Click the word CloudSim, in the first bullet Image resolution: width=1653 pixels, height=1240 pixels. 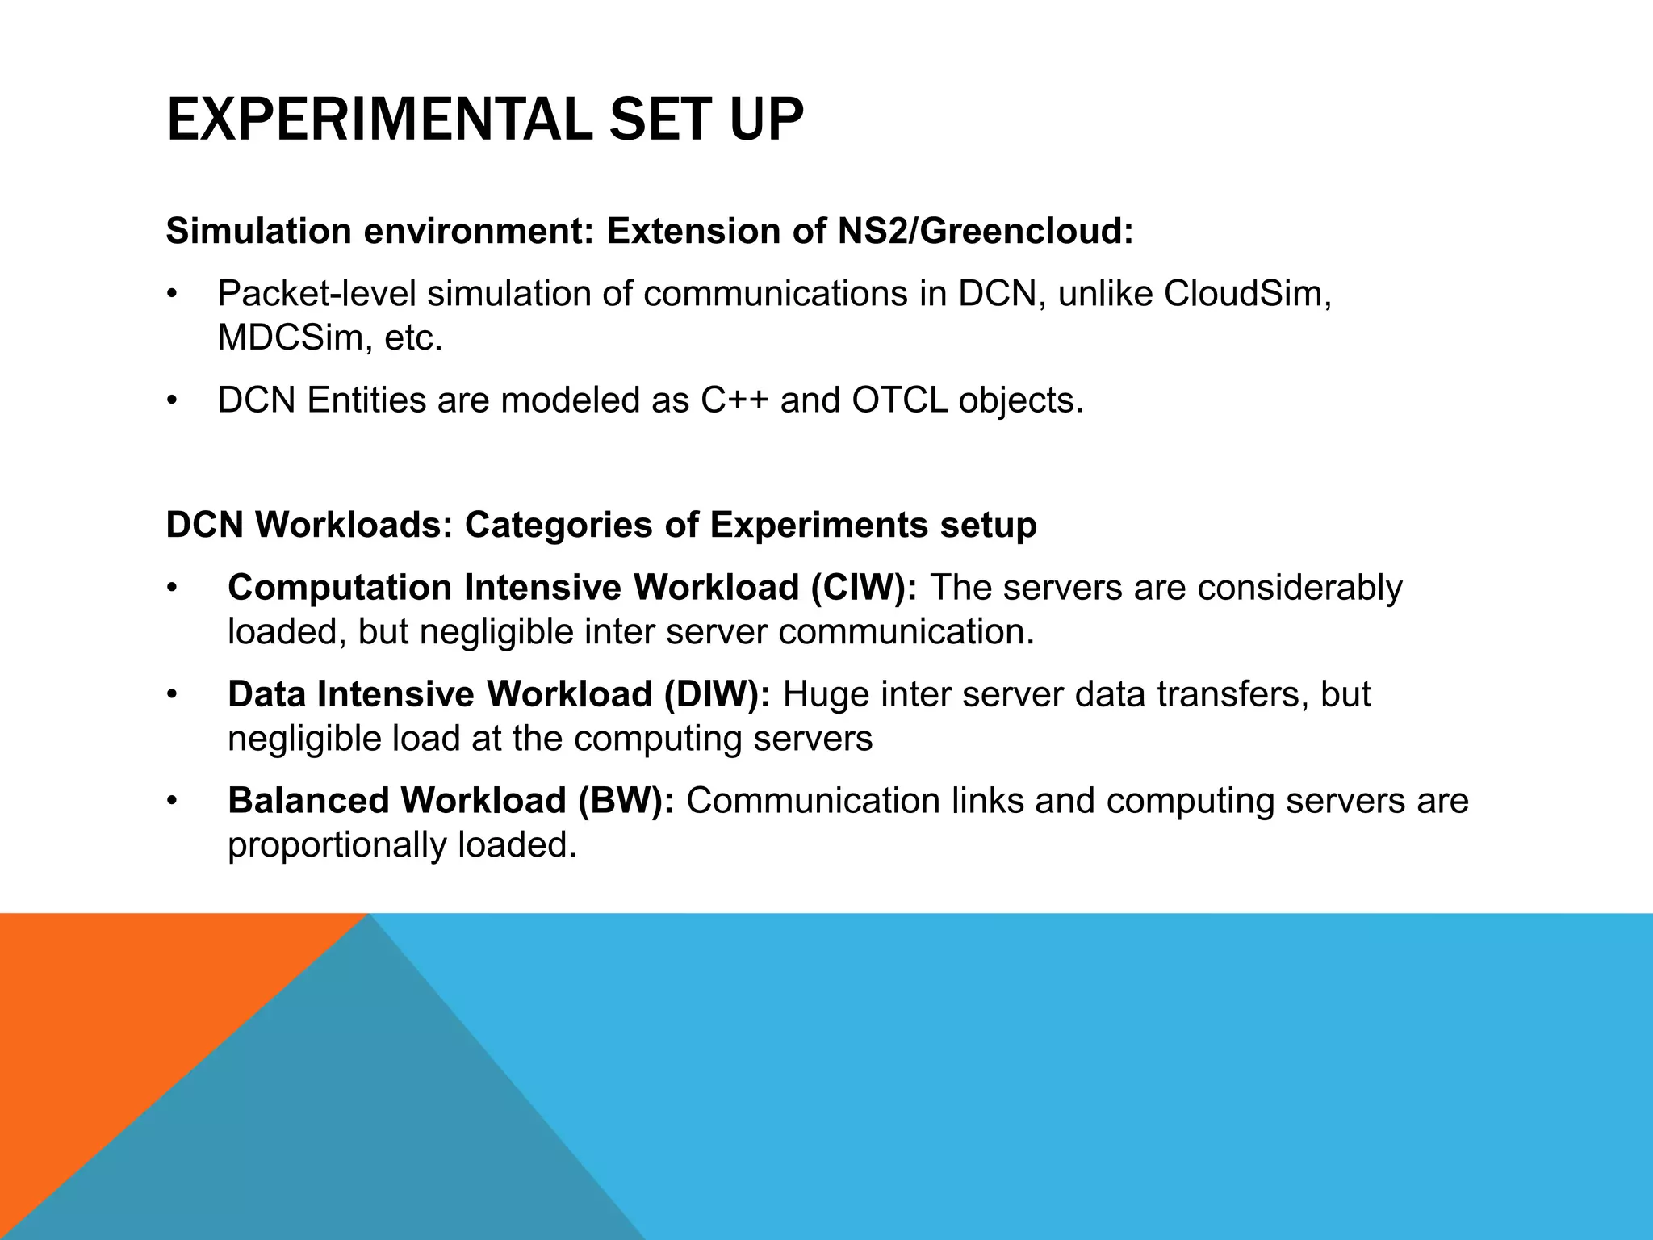click(1247, 294)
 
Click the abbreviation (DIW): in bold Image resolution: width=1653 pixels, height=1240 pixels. click(717, 694)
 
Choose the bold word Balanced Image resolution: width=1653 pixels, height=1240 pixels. click(308, 801)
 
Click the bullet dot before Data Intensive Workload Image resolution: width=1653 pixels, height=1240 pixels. click(171, 695)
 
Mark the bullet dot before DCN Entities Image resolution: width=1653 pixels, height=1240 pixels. click(171, 401)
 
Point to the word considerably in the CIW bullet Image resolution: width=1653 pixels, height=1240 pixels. click(1299, 588)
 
